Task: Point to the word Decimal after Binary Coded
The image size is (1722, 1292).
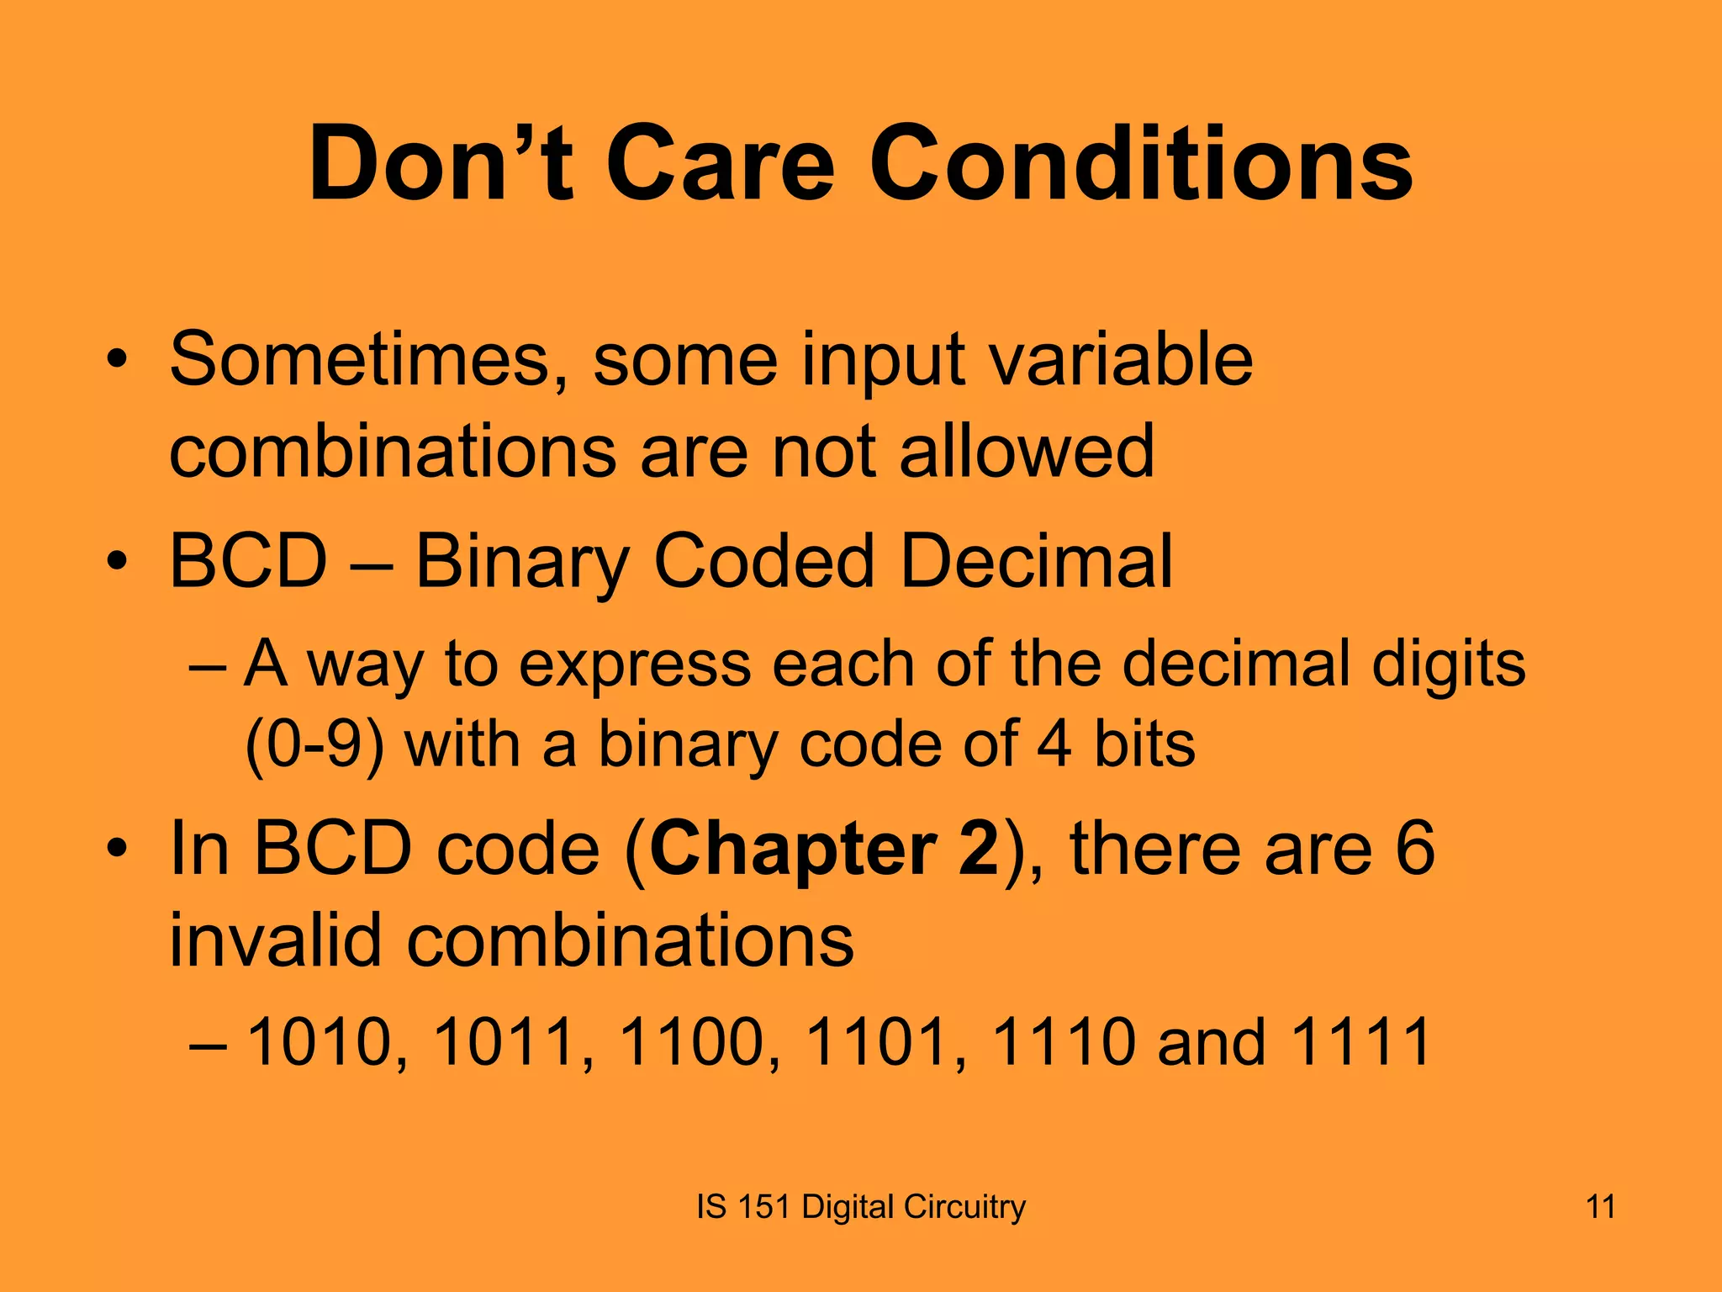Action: tap(1035, 561)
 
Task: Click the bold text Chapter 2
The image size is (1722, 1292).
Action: tap(824, 850)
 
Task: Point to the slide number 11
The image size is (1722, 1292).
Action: tap(1600, 1207)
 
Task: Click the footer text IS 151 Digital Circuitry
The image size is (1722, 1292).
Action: tap(861, 1207)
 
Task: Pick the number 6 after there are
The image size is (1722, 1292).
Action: tap(1415, 850)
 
